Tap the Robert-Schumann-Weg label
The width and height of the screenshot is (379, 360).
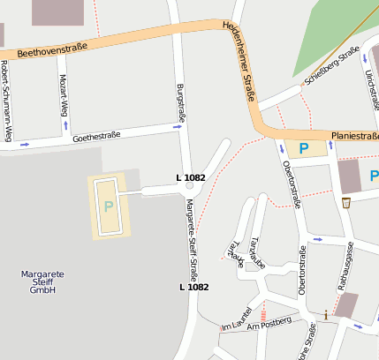5,101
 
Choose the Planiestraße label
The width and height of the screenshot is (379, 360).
354,136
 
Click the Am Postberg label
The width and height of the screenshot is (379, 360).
269,325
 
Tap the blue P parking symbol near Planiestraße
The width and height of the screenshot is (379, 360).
304,148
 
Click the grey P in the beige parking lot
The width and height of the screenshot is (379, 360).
109,206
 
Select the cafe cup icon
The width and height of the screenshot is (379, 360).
346,202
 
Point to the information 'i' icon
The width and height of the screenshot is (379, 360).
327,314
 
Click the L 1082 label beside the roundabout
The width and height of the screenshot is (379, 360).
191,178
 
